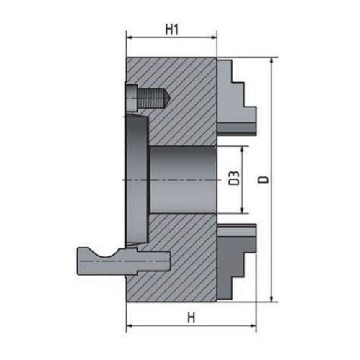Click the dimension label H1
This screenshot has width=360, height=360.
coord(171,30)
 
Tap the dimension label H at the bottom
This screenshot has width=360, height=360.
coord(191,318)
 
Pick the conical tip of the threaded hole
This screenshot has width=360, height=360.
coord(166,96)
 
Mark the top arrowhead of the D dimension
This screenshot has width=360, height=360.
coord(272,62)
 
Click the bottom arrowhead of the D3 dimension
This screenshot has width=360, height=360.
coord(245,210)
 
